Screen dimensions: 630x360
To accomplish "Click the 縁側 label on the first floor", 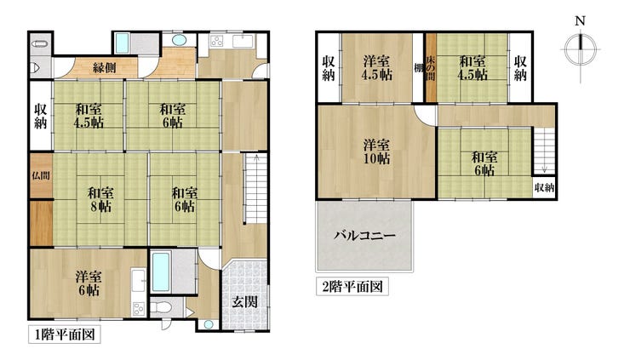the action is click(x=105, y=67).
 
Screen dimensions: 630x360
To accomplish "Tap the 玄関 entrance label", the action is click(x=244, y=301).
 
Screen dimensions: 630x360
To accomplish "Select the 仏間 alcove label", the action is click(x=41, y=175).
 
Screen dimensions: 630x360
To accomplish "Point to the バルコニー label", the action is click(x=365, y=235).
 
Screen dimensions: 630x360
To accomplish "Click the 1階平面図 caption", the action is click(x=65, y=334).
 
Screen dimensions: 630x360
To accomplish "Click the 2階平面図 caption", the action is click(x=352, y=287).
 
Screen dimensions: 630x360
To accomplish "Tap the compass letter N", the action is click(x=580, y=21).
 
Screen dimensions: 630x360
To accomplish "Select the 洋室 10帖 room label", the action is click(x=376, y=151).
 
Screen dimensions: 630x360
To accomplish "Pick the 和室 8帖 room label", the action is click(x=100, y=200).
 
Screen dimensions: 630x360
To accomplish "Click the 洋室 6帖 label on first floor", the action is click(x=89, y=283).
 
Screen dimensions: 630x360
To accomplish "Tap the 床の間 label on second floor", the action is click(x=431, y=67).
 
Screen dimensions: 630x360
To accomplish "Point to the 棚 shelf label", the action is click(x=419, y=68).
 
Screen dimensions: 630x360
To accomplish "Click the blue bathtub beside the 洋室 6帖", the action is click(x=161, y=272).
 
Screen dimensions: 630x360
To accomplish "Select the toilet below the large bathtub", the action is click(x=162, y=308).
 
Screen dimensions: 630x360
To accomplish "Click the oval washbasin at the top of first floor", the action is click(x=179, y=40).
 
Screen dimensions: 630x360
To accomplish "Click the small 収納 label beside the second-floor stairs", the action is click(x=544, y=187).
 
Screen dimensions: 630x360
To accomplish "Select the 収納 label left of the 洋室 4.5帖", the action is click(x=329, y=68).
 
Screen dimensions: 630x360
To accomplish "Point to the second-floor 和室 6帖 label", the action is click(x=484, y=163).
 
